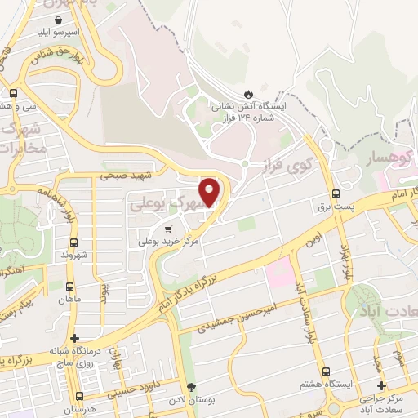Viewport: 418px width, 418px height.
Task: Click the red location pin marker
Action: (211, 192)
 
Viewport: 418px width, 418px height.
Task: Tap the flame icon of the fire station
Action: (249, 93)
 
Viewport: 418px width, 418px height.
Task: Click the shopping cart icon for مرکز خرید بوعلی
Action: (168, 229)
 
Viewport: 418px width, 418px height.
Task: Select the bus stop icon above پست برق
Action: (336, 193)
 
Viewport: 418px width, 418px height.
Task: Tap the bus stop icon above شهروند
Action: (74, 242)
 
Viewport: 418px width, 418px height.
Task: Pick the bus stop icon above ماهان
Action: (69, 287)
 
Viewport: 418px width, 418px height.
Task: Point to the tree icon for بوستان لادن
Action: (192, 387)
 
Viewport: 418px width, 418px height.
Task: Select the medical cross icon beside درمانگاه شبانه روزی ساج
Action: (75, 338)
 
